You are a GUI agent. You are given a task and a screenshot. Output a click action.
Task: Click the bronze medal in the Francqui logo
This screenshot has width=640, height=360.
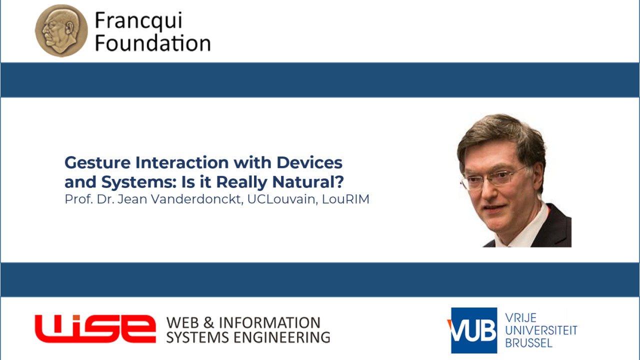(x=61, y=30)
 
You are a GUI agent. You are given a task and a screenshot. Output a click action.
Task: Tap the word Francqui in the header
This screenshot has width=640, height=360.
(x=138, y=21)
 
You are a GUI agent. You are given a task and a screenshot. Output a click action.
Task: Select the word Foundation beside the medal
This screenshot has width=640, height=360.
(x=153, y=43)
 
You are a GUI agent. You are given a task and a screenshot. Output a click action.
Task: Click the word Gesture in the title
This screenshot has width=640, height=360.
(x=97, y=163)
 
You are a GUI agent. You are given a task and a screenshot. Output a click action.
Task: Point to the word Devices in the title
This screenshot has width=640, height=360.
(x=309, y=162)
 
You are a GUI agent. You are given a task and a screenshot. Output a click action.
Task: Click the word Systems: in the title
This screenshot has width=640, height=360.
(x=139, y=182)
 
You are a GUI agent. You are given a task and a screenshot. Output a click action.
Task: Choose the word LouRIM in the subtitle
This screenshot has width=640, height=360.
(x=345, y=199)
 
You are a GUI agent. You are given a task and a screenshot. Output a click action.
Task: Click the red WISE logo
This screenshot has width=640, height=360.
(x=95, y=329)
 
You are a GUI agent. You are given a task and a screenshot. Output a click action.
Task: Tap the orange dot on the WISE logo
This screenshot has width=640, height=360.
(x=76, y=317)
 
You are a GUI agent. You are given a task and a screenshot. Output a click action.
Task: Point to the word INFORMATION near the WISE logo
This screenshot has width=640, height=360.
(x=269, y=323)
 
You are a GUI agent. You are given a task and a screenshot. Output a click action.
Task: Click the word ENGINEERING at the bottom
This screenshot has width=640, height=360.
(x=281, y=337)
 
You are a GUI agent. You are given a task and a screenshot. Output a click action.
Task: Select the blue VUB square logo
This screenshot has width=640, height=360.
(x=474, y=330)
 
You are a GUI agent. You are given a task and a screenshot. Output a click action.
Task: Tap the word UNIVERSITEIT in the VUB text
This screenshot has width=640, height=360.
(x=541, y=330)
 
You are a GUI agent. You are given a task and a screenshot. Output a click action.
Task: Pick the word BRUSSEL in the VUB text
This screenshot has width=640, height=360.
(x=529, y=343)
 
